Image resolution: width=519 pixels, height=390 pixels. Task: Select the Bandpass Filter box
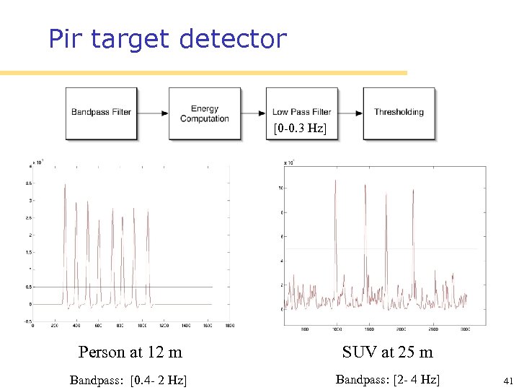point(102,113)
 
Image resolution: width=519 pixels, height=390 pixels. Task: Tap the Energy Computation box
point(205,113)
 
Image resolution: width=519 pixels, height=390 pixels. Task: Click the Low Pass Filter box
point(301,112)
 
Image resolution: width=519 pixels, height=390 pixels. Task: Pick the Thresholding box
point(399,112)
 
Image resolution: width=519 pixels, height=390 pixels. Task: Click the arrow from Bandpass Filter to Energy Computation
point(153,113)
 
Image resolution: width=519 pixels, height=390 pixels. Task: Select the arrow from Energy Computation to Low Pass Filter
point(253,113)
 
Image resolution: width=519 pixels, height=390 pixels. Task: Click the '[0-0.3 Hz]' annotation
point(299,129)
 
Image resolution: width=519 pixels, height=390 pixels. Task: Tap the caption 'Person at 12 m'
point(130,352)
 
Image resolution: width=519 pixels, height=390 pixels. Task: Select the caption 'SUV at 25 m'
point(388,352)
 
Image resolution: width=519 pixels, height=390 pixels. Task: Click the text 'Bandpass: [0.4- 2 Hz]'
point(128,380)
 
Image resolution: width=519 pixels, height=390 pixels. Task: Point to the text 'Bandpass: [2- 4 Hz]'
point(388,379)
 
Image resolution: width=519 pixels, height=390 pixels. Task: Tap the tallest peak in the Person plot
point(65,186)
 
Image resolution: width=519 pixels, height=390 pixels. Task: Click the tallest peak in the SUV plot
point(335,181)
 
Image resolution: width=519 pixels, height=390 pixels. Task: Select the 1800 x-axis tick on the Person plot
point(229,326)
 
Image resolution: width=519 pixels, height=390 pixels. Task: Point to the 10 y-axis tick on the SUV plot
point(280,188)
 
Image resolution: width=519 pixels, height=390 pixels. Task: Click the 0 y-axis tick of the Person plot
point(29,304)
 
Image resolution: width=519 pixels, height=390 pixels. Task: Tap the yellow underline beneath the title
point(203,73)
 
